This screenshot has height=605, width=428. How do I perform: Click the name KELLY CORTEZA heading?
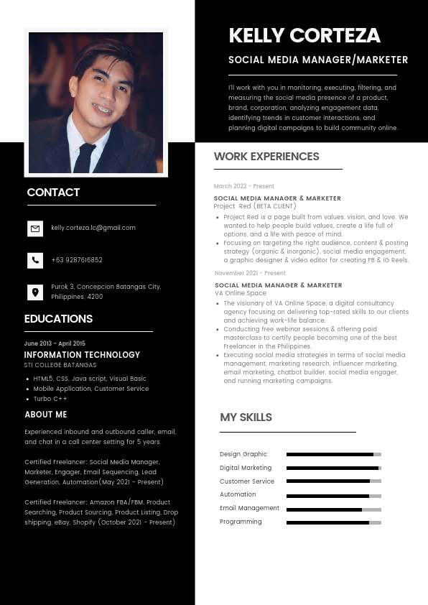pyautogui.click(x=304, y=35)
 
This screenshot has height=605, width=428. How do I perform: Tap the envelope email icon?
pyautogui.click(x=35, y=228)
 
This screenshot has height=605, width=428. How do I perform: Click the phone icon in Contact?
pyautogui.click(x=35, y=260)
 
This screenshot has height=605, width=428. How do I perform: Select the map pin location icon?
pyautogui.click(x=35, y=292)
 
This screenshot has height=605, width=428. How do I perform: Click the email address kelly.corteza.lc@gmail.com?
pyautogui.click(x=93, y=228)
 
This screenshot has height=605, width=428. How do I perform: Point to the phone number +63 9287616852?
pyautogui.click(x=77, y=260)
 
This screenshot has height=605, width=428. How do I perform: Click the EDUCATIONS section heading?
pyautogui.click(x=58, y=319)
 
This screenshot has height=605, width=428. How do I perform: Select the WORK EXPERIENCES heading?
pyautogui.click(x=266, y=157)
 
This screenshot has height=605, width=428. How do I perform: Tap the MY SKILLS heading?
pyautogui.click(x=246, y=417)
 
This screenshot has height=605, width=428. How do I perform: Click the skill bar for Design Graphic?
pyautogui.click(x=333, y=454)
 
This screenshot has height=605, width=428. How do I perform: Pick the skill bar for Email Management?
pyautogui.click(x=333, y=509)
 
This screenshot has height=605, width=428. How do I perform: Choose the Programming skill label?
pyautogui.click(x=241, y=522)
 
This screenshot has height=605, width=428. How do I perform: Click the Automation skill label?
pyautogui.click(x=238, y=494)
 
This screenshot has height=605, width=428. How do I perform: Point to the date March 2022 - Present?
pyautogui.click(x=244, y=186)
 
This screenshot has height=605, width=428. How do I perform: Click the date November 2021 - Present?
pyautogui.click(x=250, y=273)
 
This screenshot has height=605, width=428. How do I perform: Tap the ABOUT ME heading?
pyautogui.click(x=46, y=415)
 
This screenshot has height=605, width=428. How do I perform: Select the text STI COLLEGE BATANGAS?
pyautogui.click(x=60, y=365)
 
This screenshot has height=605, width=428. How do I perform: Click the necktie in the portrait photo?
pyautogui.click(x=85, y=157)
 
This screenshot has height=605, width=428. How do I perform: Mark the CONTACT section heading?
pyautogui.click(x=53, y=193)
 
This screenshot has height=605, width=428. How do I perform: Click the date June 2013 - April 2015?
pyautogui.click(x=55, y=343)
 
